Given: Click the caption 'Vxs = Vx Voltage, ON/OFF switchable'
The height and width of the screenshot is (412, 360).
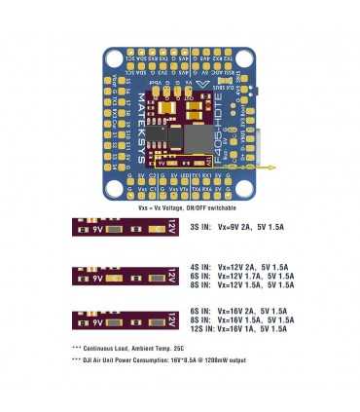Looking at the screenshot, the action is point(179,208).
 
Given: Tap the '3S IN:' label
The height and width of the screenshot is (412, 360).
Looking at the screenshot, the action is point(199,226).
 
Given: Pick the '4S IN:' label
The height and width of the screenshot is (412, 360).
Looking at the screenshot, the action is point(199,266).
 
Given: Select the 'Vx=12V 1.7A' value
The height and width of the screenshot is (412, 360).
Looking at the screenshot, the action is point(237,276).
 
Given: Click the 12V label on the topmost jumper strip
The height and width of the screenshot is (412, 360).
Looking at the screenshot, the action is point(171,228).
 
